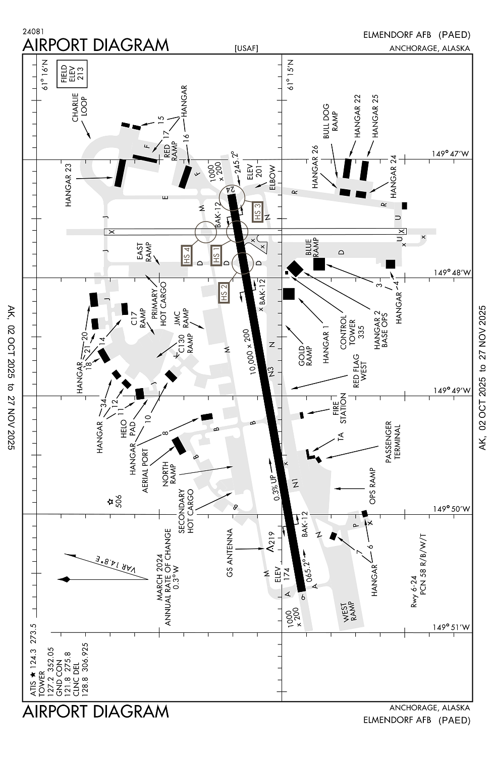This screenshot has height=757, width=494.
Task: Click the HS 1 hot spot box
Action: click(216, 255)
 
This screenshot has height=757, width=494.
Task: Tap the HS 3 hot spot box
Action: click(258, 212)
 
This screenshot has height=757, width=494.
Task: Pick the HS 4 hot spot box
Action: click(186, 255)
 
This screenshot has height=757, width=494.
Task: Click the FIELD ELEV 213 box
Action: click(72, 75)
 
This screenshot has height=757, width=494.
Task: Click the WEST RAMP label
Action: click(350, 612)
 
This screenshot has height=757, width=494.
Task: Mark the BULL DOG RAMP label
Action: click(331, 121)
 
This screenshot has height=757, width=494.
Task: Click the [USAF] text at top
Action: click(246, 48)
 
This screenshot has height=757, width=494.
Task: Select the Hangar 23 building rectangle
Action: click(120, 173)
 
